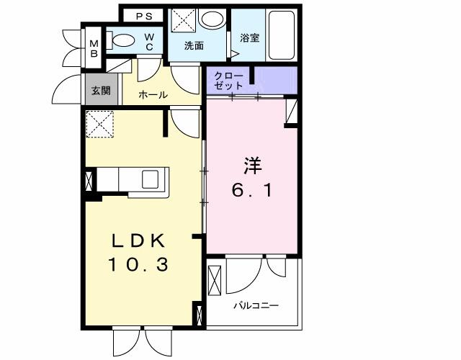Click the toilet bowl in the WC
click(x=125, y=42)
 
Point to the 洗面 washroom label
click(x=193, y=46)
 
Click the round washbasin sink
click(x=212, y=20)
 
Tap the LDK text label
click(x=138, y=240)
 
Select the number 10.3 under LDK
click(x=138, y=265)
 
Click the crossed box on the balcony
click(x=215, y=281)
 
